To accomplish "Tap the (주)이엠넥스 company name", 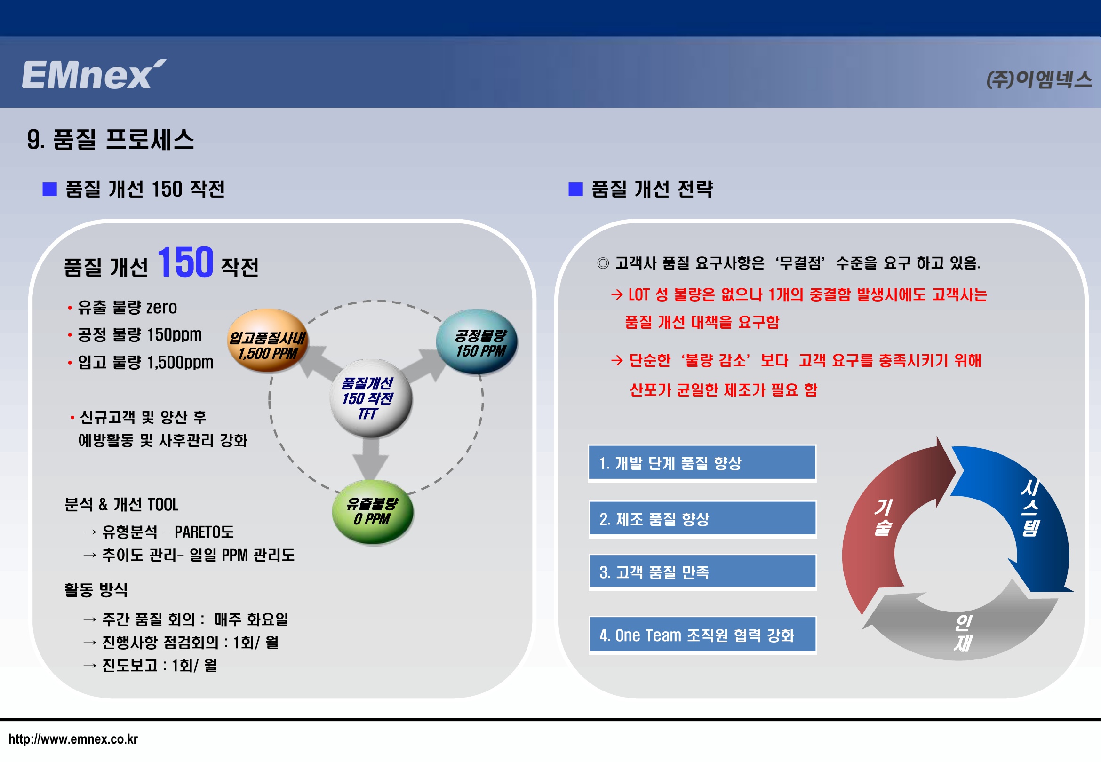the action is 1039,79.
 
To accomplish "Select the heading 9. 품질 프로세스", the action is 110,140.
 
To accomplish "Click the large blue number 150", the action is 185,262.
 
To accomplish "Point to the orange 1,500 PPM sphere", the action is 268,341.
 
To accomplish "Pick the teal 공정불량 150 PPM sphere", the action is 478,341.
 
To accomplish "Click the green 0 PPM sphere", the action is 373,512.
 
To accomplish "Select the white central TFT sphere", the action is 371,398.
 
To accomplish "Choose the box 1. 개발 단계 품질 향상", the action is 702,463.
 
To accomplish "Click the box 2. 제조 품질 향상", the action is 702,518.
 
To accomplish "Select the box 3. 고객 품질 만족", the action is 702,572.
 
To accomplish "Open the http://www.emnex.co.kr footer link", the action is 73,739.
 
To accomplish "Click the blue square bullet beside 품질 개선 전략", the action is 575,189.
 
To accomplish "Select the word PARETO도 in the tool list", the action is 204,532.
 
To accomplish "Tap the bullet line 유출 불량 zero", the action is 123,307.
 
